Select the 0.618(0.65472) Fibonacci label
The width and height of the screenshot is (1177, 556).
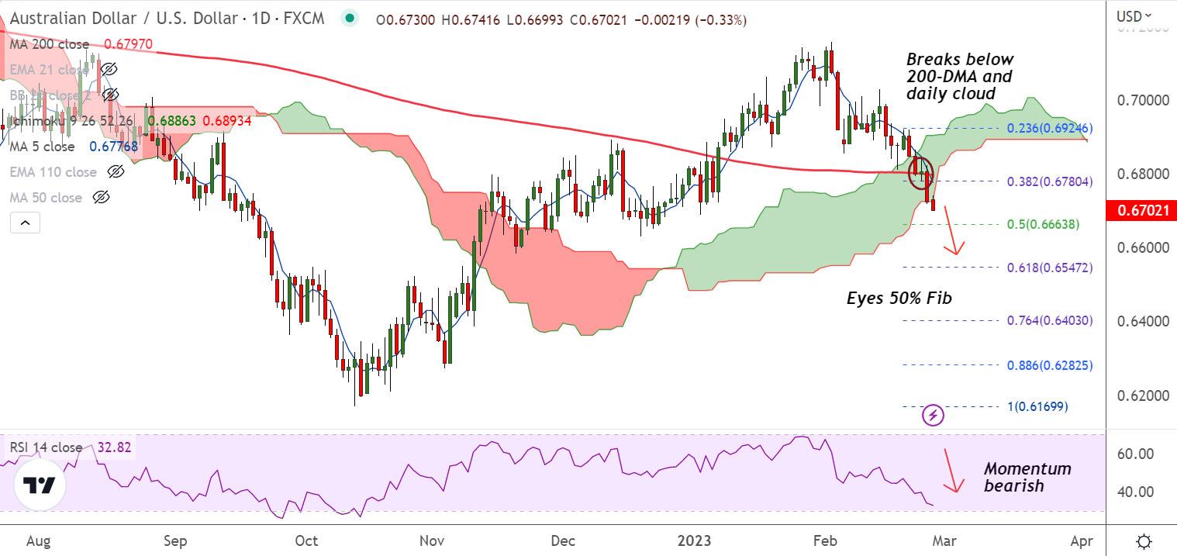pos(1049,268)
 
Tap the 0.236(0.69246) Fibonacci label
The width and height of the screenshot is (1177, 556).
pos(1049,128)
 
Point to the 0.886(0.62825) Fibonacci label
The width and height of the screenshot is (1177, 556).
pos(1049,365)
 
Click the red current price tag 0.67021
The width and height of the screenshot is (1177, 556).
pos(1140,210)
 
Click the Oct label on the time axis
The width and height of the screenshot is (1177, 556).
pos(308,540)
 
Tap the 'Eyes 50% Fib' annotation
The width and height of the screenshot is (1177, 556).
pos(899,298)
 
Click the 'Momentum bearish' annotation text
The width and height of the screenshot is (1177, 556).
pos(1027,477)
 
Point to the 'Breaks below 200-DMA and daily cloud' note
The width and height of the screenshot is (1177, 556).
pos(959,76)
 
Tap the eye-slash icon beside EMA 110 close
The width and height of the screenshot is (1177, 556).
pos(116,172)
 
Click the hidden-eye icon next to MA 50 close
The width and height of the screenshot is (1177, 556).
pos(101,198)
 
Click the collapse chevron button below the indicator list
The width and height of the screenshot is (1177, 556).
pos(26,223)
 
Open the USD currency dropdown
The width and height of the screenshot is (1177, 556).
pos(1134,16)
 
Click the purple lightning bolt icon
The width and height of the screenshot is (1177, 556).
pos(933,415)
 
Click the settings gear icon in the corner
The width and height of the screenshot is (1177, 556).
pos(1143,540)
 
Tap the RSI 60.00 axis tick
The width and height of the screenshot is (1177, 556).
pos(1135,454)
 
